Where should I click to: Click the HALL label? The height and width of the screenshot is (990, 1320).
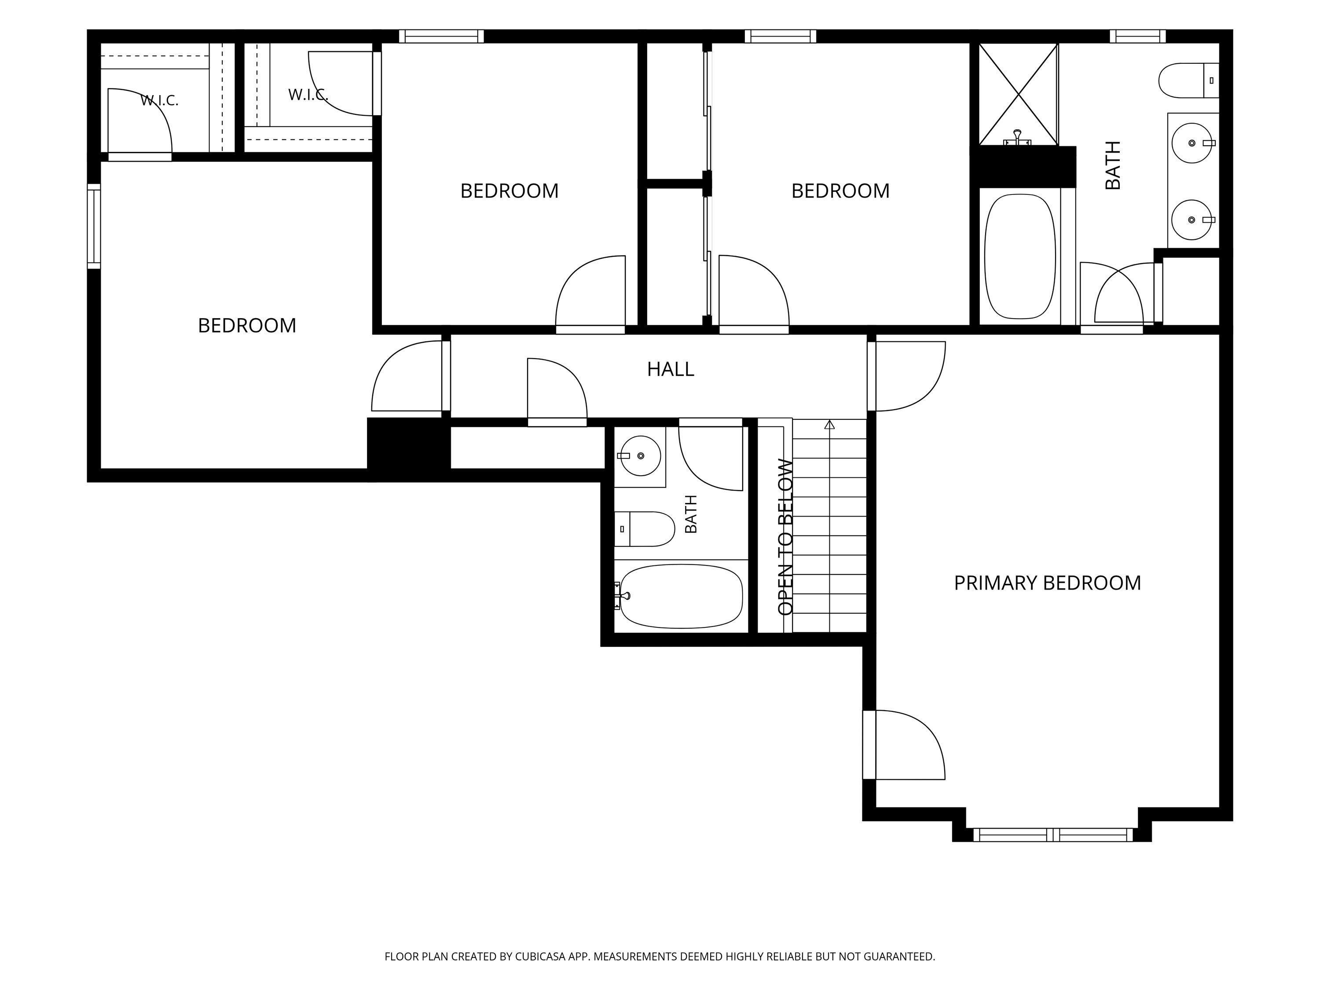670,370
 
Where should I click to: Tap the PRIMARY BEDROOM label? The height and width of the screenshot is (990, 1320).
1047,583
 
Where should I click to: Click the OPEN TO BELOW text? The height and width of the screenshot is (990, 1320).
785,537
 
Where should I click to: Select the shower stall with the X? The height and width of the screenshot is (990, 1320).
1018,94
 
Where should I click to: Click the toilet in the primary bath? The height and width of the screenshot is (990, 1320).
1188,81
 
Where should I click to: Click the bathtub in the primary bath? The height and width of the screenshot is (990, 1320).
1020,257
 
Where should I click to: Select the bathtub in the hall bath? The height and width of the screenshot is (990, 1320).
681,596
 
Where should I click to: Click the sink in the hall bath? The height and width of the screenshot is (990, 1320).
640,456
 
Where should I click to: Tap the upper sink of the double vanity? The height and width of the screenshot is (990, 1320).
1192,143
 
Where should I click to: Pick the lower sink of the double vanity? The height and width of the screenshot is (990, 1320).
1191,220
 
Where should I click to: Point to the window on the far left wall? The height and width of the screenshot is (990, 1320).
94,226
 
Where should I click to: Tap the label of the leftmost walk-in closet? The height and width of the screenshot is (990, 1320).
159,100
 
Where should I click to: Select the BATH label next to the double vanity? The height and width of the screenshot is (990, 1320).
1113,165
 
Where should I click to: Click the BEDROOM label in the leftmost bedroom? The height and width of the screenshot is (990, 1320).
247,326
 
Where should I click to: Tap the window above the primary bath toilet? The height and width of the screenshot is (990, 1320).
1137,37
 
